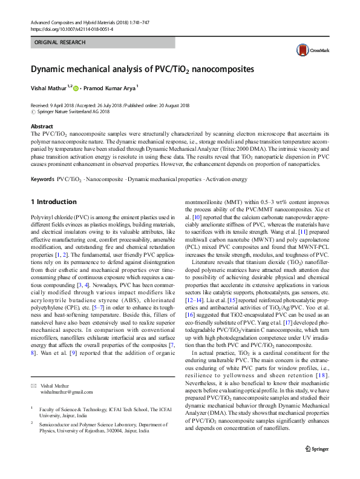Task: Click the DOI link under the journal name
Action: point(67,28)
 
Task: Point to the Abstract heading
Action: point(42,127)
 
